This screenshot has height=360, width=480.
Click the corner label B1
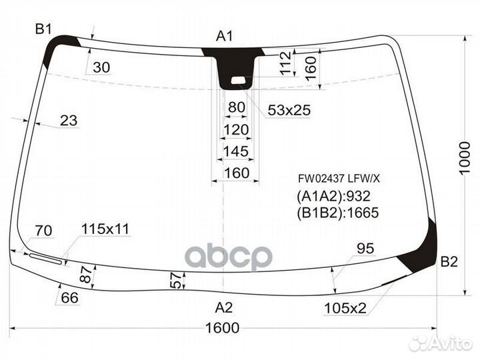point(43,29)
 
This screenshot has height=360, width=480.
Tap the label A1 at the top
point(225,36)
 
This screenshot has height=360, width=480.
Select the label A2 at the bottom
point(224,307)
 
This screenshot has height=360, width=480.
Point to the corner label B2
point(449,262)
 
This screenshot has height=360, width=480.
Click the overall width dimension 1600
point(222,328)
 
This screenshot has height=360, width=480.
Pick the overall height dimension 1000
point(465,158)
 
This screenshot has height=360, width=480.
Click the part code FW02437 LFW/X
point(339,178)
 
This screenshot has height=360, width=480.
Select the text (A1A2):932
point(334,196)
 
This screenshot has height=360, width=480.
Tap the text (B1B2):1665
point(337,213)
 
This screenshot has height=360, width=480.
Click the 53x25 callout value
point(289,110)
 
